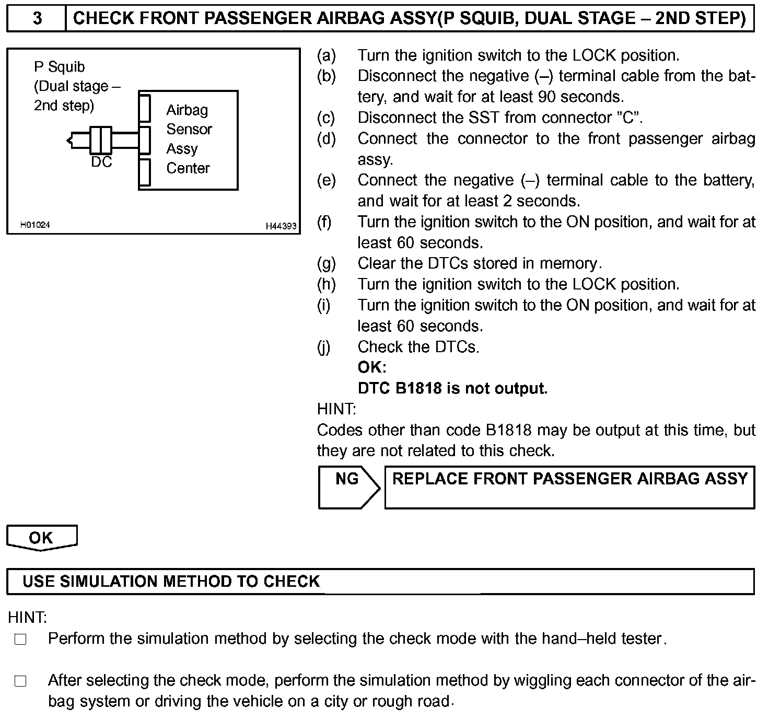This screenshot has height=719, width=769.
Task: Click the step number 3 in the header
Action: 37,18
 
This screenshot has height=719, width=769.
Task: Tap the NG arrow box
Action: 348,486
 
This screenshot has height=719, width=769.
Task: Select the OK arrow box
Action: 41,538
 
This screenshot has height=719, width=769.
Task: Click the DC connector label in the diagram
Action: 101,163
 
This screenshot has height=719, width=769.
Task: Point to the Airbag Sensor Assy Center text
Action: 189,139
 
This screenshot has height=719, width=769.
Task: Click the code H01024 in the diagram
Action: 35,225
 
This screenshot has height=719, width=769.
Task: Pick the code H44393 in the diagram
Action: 281,226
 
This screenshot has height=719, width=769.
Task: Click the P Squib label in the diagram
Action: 59,67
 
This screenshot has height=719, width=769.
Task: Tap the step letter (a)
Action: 327,55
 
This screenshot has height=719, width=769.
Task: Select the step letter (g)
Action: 327,263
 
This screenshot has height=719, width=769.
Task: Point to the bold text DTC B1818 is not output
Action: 452,388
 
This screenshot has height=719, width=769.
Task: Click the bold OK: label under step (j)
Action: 371,368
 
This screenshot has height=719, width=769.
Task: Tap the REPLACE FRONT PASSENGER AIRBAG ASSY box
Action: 569,487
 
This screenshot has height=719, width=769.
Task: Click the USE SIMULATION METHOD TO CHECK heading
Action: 171,582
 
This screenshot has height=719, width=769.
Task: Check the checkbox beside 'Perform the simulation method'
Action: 20,639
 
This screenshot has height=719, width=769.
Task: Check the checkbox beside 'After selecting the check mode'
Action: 20,681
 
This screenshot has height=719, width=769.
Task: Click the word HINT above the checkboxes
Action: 27,618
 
